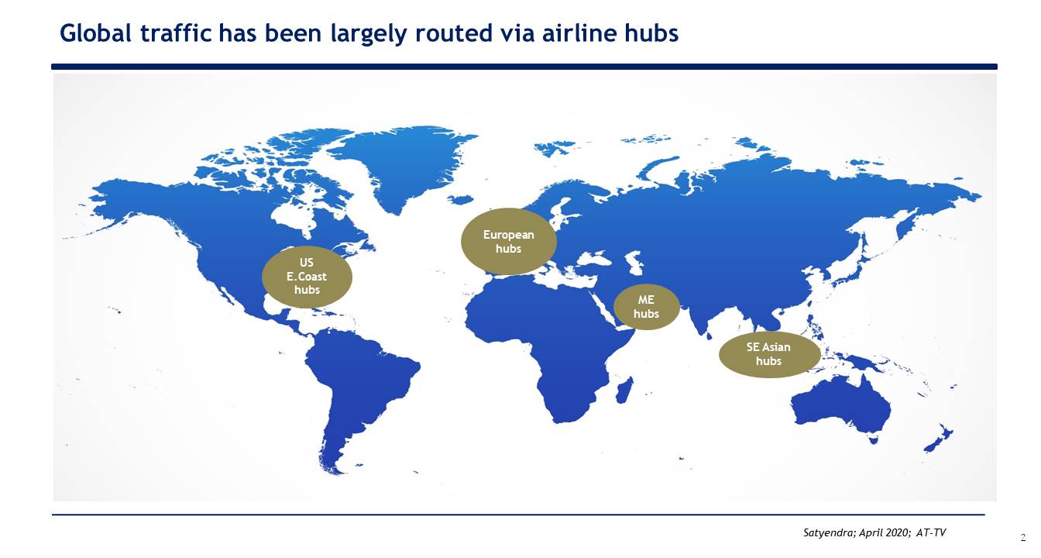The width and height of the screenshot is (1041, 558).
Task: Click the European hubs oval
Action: click(508, 241)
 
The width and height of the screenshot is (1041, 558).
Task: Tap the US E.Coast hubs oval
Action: click(307, 277)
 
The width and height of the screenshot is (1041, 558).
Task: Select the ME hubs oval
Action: click(647, 307)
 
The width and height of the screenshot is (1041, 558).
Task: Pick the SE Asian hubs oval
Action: click(769, 354)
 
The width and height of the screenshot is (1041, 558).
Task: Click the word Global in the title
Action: click(95, 33)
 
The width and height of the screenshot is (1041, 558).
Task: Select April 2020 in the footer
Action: click(885, 533)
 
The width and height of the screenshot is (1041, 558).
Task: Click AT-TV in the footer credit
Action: click(931, 533)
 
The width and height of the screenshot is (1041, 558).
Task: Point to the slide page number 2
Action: click(1023, 538)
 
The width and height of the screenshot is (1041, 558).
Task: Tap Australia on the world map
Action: click(841, 408)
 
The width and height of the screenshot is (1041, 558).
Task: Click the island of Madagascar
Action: click(624, 391)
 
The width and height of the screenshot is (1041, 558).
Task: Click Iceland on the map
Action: click(460, 200)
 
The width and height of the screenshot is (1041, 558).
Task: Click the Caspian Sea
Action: click(635, 262)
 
